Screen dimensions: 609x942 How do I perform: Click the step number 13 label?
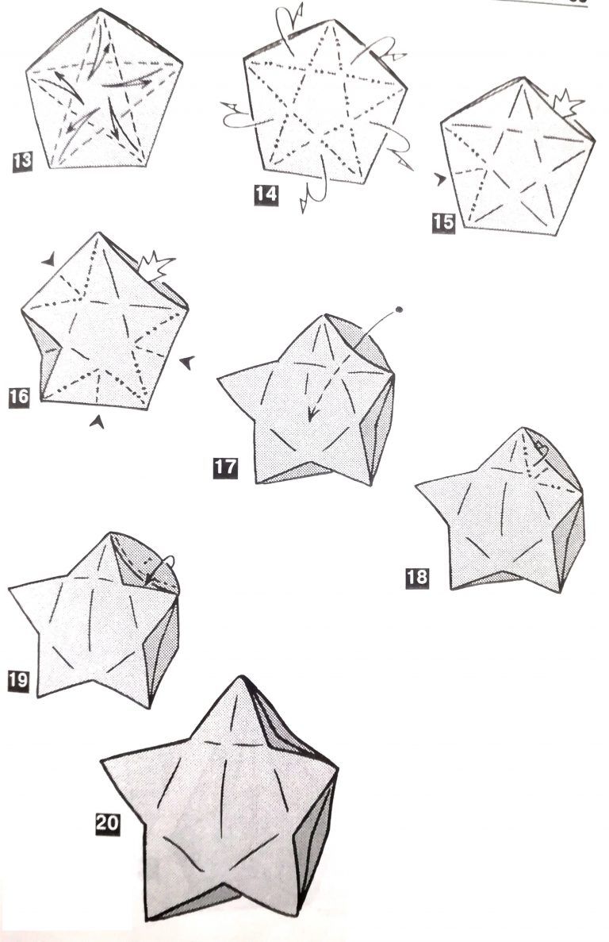22,161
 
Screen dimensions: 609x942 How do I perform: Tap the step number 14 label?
266,194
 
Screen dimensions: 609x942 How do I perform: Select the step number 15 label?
443,222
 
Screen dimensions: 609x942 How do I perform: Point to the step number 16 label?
18,397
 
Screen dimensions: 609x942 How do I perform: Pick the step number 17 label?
225,467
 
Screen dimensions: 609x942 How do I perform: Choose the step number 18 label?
418,578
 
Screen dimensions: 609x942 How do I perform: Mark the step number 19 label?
18,680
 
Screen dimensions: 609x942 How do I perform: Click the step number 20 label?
108,822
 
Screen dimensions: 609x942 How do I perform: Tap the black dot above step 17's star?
398,310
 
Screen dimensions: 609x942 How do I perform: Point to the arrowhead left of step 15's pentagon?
441,179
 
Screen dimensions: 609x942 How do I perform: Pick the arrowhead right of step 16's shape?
187,362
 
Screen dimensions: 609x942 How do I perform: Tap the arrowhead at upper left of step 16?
49,259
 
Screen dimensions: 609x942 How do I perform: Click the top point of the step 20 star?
241,677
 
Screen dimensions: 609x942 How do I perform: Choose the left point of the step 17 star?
220,378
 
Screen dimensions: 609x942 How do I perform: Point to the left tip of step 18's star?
417,484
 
